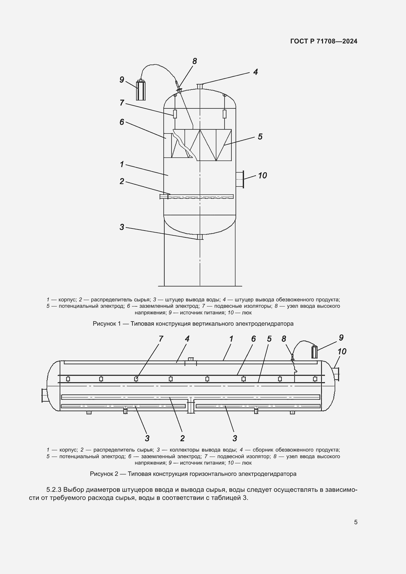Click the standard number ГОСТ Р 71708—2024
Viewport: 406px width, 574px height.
coord(324,41)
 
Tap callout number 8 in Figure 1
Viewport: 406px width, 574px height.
coord(194,61)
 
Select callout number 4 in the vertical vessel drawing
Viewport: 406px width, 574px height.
coord(255,72)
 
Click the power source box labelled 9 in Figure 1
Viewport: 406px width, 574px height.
coord(141,90)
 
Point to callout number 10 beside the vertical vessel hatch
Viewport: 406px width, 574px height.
coord(262,175)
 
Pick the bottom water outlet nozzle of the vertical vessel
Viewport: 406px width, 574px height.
coord(200,237)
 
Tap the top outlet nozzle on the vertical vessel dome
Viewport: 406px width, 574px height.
coord(200,86)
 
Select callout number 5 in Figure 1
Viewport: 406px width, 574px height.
coord(260,137)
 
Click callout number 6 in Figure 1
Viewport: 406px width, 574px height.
coord(122,122)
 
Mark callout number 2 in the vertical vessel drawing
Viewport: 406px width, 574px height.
coord(122,181)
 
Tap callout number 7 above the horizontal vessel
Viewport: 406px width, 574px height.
coord(161,339)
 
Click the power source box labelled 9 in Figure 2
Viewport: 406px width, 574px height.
coord(314,352)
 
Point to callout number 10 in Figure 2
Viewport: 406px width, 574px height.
coord(342,351)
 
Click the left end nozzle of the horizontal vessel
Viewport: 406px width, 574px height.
coord(45,396)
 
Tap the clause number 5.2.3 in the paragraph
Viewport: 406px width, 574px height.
coord(54,490)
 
